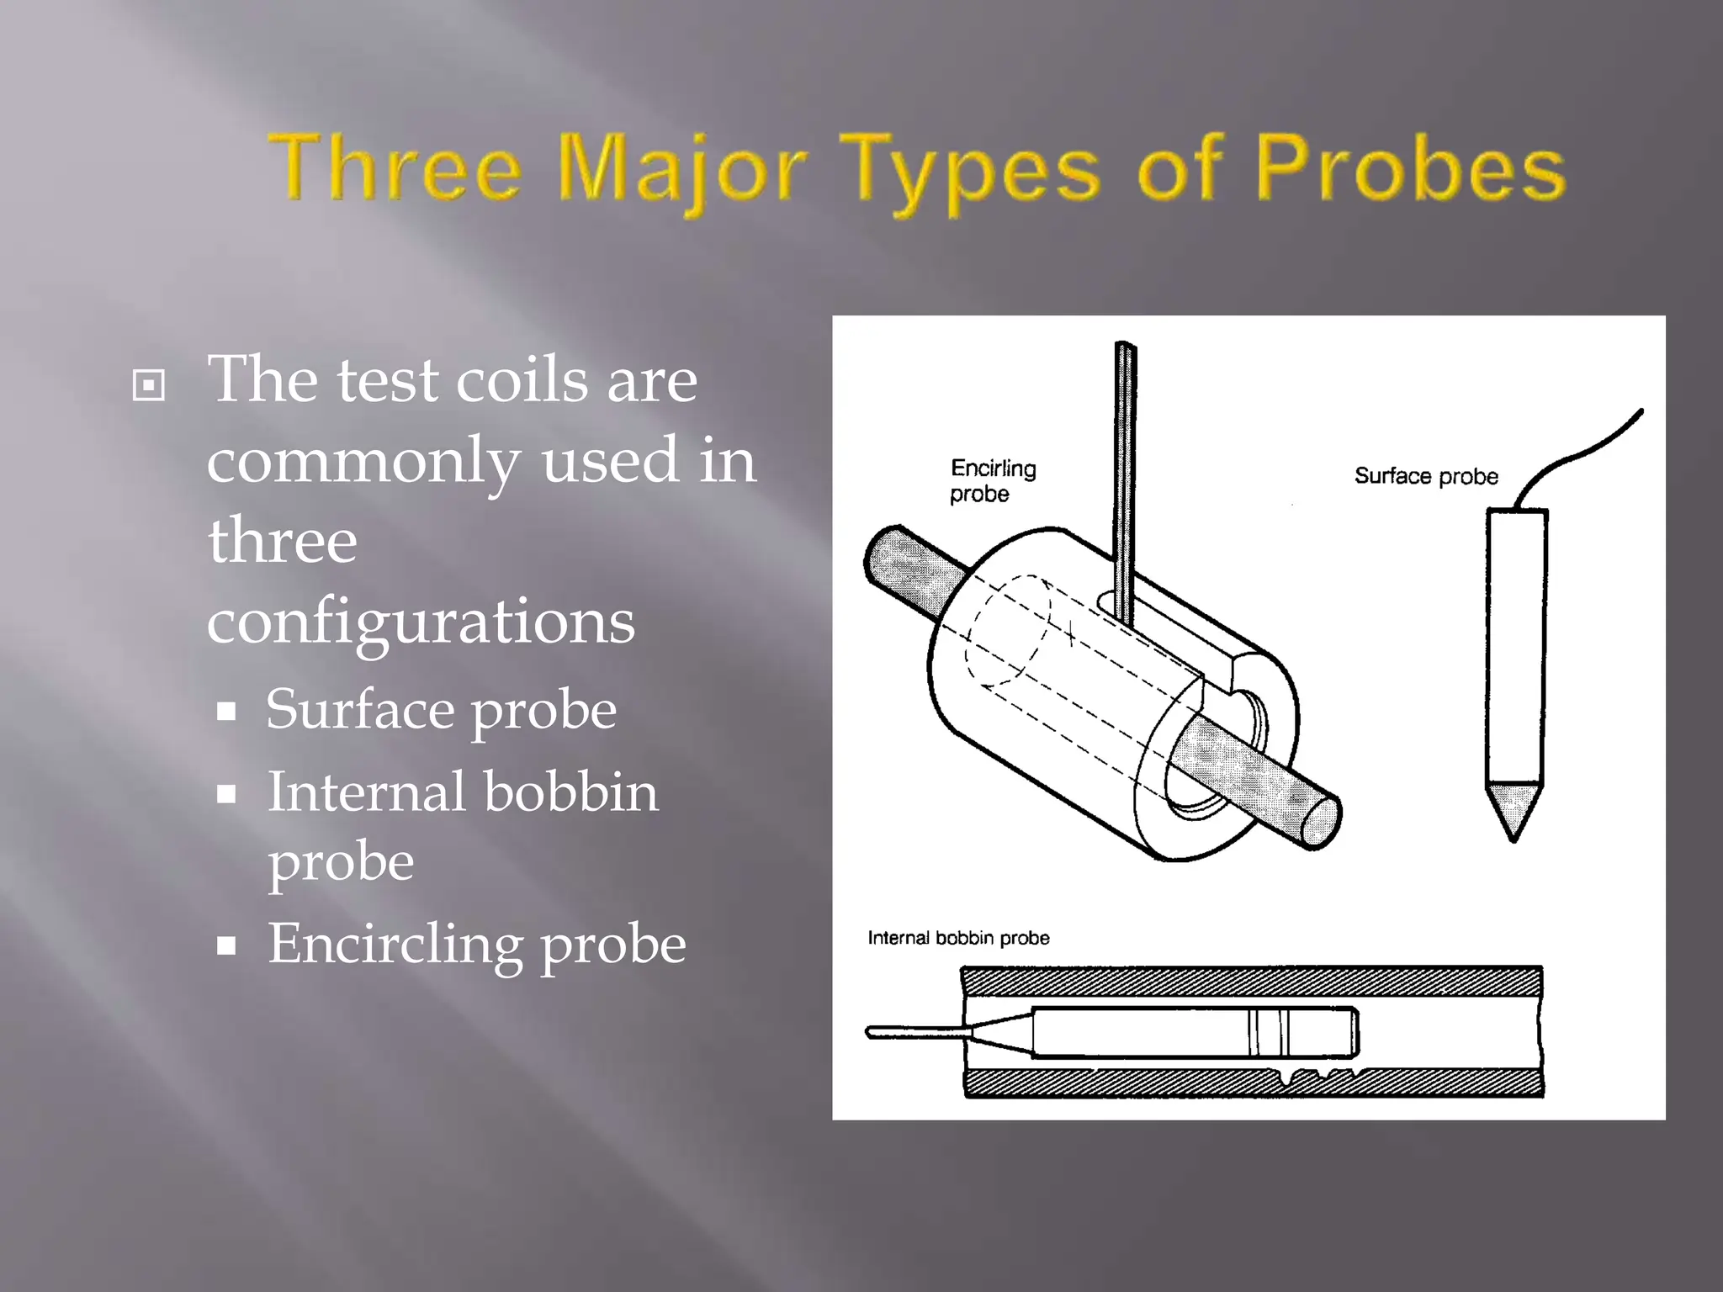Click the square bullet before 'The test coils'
click(149, 385)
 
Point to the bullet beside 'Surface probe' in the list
click(225, 712)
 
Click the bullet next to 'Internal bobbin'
click(225, 794)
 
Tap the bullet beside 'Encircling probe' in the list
click(225, 945)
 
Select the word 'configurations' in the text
click(421, 622)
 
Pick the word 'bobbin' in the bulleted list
click(570, 792)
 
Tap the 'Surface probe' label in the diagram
click(1426, 476)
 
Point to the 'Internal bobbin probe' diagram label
click(958, 938)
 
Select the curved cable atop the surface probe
click(1582, 454)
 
